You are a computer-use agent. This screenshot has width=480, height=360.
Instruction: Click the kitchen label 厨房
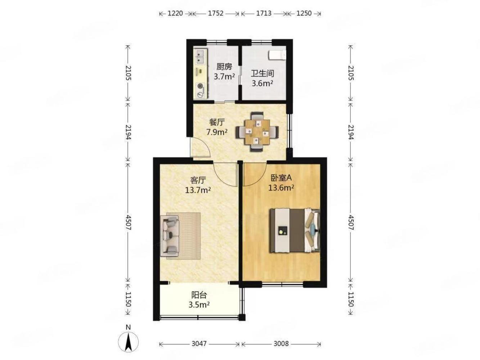tap(224, 67)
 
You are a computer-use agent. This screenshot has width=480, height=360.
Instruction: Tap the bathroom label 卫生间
tap(262, 73)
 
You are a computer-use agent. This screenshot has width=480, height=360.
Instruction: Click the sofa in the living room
tap(170, 236)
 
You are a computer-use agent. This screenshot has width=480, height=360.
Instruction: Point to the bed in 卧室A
tap(295, 231)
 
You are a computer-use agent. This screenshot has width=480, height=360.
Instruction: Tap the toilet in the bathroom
tap(277, 55)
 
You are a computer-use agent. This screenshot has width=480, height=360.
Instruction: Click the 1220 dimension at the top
tap(175, 13)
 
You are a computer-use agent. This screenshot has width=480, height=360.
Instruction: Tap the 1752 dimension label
tap(215, 13)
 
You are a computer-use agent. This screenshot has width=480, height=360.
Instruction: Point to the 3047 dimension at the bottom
tap(199, 344)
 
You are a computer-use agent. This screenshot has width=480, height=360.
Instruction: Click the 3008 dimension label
tap(281, 344)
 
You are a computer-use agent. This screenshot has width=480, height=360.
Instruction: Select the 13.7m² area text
tap(198, 190)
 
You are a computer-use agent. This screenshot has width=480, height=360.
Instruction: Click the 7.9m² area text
tap(217, 132)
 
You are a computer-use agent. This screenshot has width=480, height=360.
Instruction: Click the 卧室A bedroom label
tap(281, 178)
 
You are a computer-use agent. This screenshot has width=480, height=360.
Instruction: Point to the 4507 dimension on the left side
tap(128, 222)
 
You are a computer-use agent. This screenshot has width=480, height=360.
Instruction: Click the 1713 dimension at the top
tap(264, 13)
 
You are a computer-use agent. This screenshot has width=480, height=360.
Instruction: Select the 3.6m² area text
tap(262, 83)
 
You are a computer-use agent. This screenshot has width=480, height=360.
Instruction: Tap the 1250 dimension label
tap(304, 13)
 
